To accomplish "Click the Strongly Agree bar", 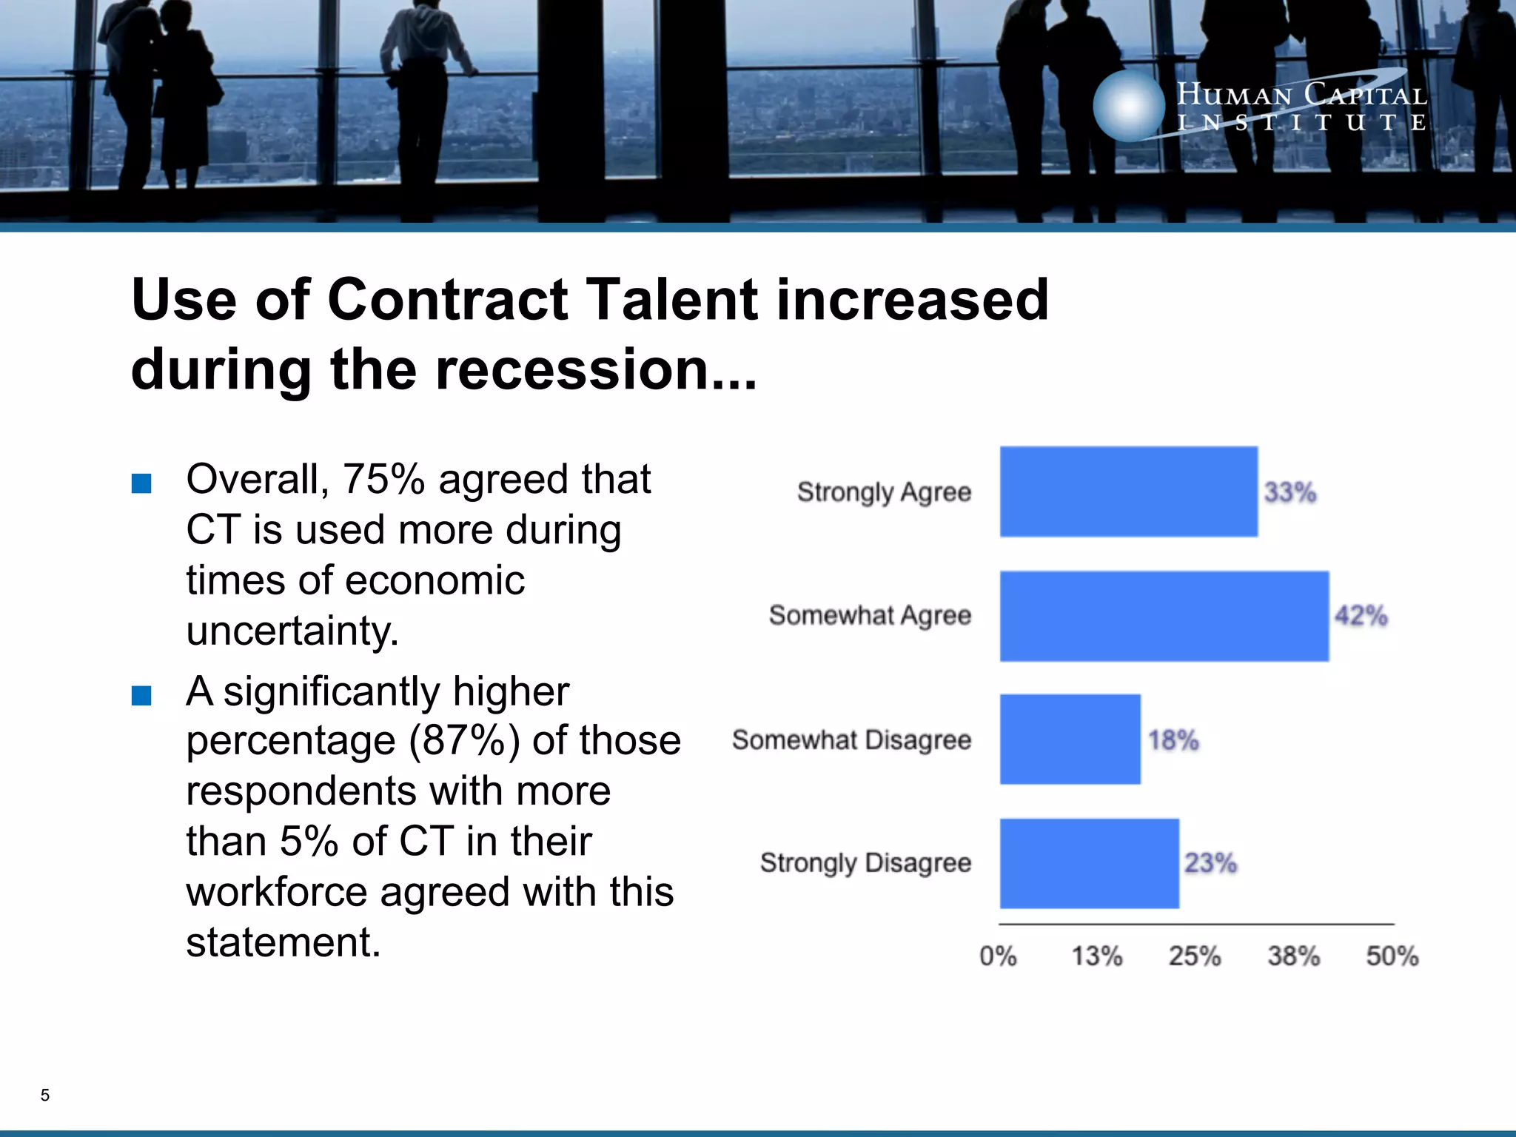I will (x=1128, y=492).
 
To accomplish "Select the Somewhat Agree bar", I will (x=1164, y=616).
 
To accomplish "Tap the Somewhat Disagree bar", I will (x=1070, y=739).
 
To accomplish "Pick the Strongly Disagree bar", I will (x=1089, y=863).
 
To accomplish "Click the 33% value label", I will (x=1289, y=492).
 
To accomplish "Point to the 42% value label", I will (x=1361, y=616).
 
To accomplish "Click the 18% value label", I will (x=1173, y=739).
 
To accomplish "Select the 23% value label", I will (x=1210, y=863).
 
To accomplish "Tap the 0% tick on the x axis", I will (x=998, y=956).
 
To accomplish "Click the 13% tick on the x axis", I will (x=1097, y=956).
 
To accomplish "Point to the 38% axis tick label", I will (x=1293, y=956).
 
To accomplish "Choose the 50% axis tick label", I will (x=1392, y=956).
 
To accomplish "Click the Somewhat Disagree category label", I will (x=851, y=739).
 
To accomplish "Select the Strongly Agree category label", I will (x=884, y=492).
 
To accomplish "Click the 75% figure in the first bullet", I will (x=383, y=479).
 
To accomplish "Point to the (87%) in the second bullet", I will (x=464, y=740).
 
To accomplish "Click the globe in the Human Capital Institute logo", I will (x=1128, y=106).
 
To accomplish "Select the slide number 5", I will (x=45, y=1095).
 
